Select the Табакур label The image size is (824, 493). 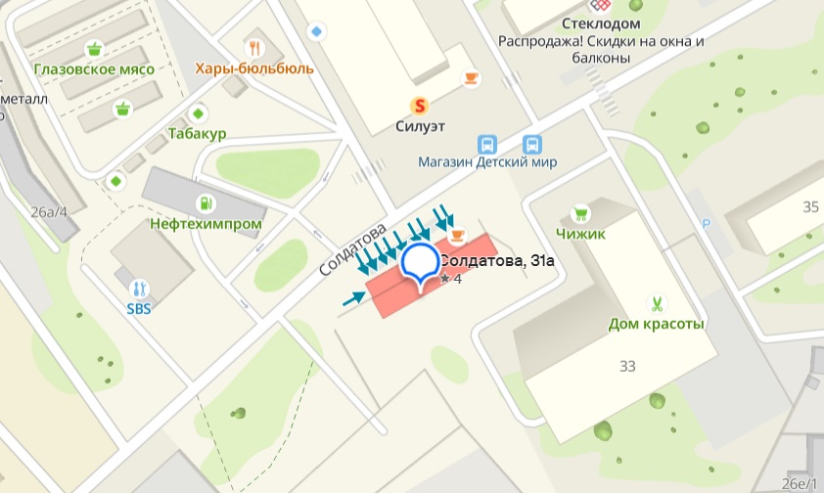coord(197,133)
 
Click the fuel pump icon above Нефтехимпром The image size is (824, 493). coord(206,203)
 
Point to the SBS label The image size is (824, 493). coord(139,308)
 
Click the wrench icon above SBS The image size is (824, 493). coord(139,289)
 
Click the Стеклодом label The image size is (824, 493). coord(601,23)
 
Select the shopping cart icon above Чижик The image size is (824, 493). coord(581,213)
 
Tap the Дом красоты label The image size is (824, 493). coord(657,324)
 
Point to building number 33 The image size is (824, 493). coord(627,366)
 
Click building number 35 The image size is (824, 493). coord(809,206)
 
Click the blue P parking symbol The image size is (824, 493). coord(707,223)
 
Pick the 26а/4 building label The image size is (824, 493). coord(49,211)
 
